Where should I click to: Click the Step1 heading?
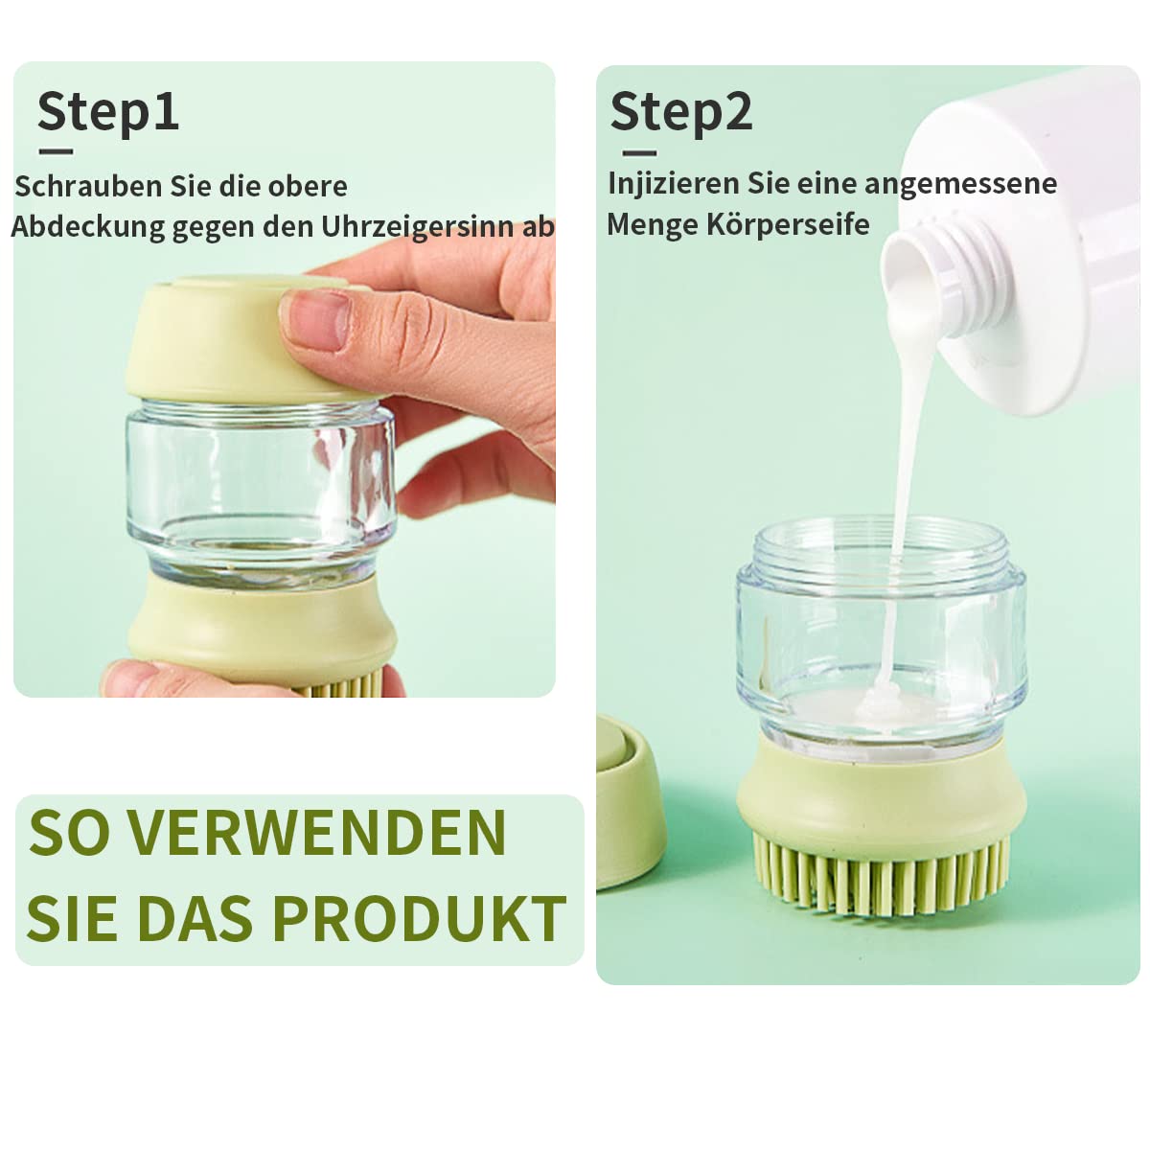(108, 111)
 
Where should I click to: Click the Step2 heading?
(681, 112)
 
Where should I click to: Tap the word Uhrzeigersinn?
(417, 227)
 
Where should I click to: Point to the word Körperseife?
(788, 225)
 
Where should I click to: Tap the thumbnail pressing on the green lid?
(317, 320)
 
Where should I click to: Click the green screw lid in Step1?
(239, 338)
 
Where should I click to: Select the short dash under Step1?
(57, 151)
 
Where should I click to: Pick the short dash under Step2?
(639, 152)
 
